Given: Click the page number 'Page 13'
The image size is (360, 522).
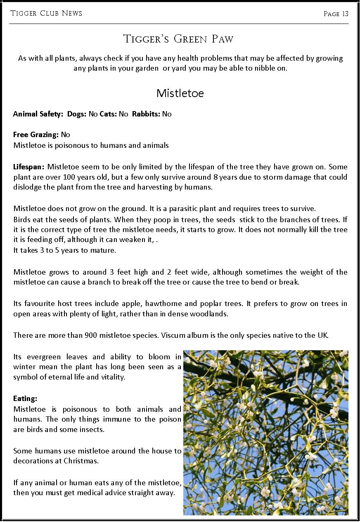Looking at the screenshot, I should click(x=336, y=14).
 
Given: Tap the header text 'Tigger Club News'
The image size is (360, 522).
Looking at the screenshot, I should click(x=46, y=13).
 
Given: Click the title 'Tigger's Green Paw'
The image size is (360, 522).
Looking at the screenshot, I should click(x=178, y=39).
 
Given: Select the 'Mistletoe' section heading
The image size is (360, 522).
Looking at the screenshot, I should click(x=180, y=93).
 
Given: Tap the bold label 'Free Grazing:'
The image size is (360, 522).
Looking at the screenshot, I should click(x=36, y=135).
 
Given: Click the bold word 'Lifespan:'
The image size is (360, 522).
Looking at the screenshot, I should click(x=29, y=167).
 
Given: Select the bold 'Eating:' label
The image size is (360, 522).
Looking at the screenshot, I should click(x=25, y=399).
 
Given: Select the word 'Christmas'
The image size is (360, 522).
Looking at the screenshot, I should click(x=81, y=461).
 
